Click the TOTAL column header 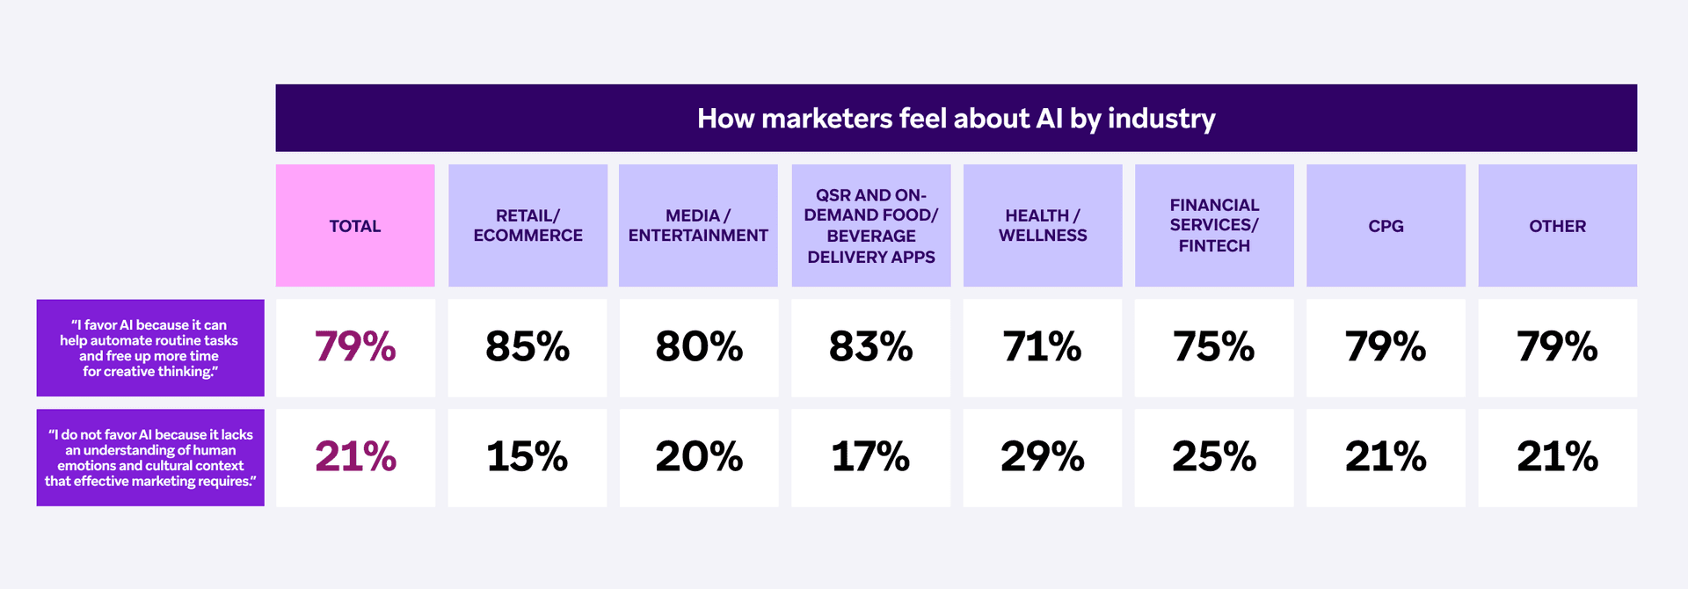[355, 226]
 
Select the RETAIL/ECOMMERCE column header [527, 226]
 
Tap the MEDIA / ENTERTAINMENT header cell [698, 226]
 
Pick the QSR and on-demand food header [870, 226]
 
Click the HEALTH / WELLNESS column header [1043, 226]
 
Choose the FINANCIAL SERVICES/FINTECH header [1214, 226]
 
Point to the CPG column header [1386, 226]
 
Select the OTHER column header [1557, 226]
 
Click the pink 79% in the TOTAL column [355, 347]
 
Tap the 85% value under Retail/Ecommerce [527, 347]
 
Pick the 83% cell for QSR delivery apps [870, 347]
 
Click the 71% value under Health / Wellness [1043, 347]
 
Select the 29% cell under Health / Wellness [1043, 457]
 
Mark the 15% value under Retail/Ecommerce [527, 457]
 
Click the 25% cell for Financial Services [1214, 457]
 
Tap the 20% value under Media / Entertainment [699, 457]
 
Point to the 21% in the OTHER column [1557, 457]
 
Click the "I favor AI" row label [150, 348]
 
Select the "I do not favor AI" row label [150, 458]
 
